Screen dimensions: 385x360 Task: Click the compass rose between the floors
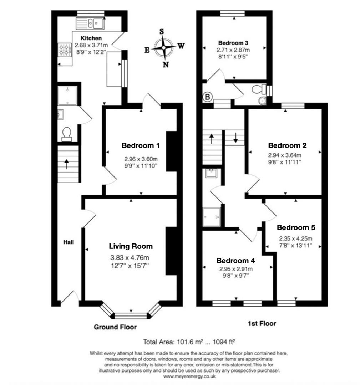164,47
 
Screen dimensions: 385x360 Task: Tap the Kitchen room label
91,38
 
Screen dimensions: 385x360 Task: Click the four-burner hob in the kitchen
65,50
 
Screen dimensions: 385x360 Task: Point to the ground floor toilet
66,134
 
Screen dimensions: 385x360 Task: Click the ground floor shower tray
67,96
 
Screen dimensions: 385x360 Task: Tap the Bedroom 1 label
140,145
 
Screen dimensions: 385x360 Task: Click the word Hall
69,242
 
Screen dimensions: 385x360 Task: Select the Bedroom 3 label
233,42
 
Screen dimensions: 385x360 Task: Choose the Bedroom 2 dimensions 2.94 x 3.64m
285,155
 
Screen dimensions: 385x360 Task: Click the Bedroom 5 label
296,227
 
